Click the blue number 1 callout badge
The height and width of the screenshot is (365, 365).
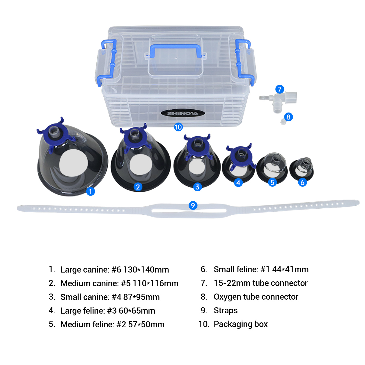[90, 191]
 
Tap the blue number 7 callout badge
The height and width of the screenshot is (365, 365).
[280, 89]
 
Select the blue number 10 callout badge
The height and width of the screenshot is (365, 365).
[178, 127]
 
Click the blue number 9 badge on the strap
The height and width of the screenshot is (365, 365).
[193, 205]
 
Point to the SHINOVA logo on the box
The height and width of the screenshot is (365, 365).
[182, 113]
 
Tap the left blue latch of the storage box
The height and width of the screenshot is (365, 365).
[108, 62]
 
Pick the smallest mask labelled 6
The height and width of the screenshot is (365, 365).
[302, 169]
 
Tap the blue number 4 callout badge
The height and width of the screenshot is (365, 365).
[238, 182]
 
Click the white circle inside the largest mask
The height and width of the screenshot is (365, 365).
[74, 163]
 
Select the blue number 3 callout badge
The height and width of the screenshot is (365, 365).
[197, 187]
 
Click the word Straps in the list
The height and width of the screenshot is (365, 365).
[225, 311]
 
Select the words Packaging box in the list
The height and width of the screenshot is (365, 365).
[241, 324]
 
